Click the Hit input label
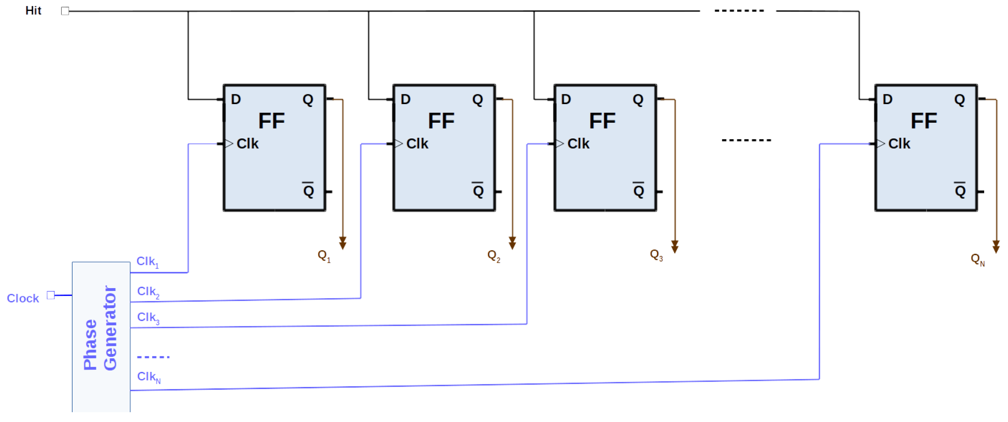point(33,11)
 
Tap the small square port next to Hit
point(65,11)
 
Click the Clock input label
point(23,298)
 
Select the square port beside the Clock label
point(51,295)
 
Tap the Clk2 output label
point(148,292)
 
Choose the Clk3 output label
point(148,318)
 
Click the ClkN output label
point(148,377)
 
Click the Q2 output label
point(493,256)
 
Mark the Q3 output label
point(656,256)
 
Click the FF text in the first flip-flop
point(271,121)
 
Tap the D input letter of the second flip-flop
point(405,99)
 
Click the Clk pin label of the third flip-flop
point(578,144)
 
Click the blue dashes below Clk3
point(153,357)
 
